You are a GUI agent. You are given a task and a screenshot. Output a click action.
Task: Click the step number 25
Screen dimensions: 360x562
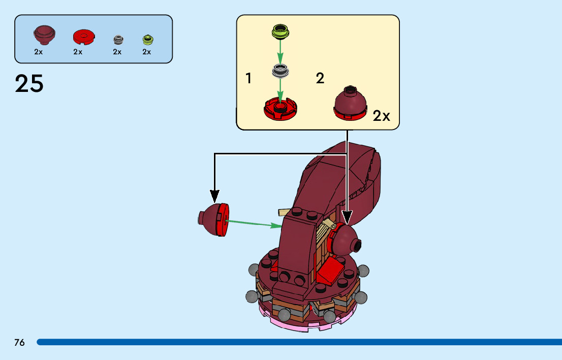tap(29, 84)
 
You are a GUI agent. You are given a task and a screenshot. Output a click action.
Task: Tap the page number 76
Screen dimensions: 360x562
tap(19, 342)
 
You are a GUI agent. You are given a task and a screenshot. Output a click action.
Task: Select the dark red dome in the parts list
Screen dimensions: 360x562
tap(44, 35)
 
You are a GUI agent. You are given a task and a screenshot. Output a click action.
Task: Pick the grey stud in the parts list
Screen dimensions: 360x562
tap(117, 39)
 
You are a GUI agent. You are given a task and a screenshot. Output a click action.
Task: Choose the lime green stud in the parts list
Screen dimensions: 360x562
tap(147, 39)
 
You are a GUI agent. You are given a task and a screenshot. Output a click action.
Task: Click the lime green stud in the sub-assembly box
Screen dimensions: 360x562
tap(280, 31)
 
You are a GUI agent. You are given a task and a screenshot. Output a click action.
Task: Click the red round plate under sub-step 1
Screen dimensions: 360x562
tap(280, 108)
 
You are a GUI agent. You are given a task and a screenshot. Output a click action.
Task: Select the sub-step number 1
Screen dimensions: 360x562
tap(248, 79)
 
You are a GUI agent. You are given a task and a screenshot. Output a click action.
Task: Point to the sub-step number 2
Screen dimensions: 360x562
tap(320, 79)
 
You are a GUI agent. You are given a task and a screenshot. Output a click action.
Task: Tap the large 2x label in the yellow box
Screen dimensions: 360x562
tap(381, 116)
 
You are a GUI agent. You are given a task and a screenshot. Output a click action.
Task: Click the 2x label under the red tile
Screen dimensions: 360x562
tap(78, 52)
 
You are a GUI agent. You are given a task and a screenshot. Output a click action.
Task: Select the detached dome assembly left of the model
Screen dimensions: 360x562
tap(213, 219)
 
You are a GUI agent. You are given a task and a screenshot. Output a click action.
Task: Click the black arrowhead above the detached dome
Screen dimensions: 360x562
tap(214, 195)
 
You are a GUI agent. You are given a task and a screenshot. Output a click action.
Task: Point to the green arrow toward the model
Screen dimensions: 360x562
tap(254, 223)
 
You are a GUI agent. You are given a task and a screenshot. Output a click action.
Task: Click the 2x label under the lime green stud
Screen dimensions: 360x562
tap(147, 52)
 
